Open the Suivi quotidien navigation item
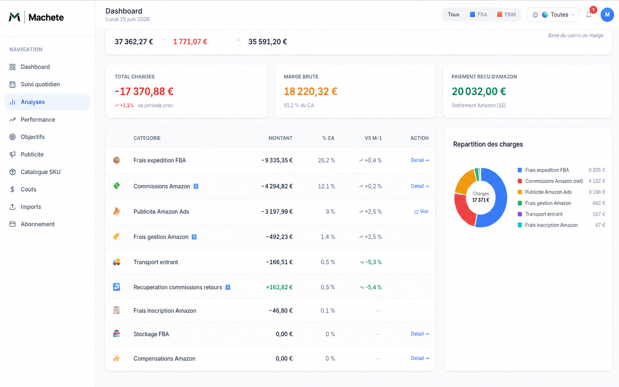(x=40, y=84)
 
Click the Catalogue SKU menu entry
(x=40, y=172)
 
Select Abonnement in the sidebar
(x=37, y=224)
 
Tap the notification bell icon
(x=589, y=15)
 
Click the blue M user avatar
(x=607, y=15)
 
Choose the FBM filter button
(x=506, y=15)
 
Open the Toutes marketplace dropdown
(x=553, y=15)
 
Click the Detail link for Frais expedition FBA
(x=420, y=160)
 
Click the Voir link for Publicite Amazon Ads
(x=422, y=211)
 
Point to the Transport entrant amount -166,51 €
(x=279, y=262)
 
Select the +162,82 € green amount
(x=279, y=287)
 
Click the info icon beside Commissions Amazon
(x=196, y=186)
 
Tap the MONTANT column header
(x=280, y=138)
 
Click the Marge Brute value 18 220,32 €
(x=311, y=91)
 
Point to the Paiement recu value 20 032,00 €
(x=478, y=91)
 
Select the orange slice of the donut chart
(x=463, y=181)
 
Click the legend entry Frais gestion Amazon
(x=548, y=203)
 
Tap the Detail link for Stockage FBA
(x=420, y=334)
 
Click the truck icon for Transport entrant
(x=116, y=262)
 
